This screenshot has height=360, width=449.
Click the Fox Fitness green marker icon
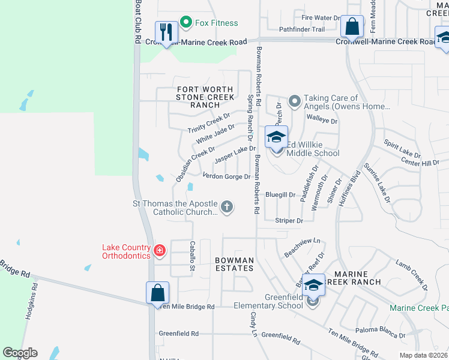pyautogui.click(x=185, y=23)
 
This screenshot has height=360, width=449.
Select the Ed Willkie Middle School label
pyautogui.click(x=312, y=149)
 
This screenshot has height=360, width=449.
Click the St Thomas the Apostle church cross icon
pyautogui.click(x=226, y=207)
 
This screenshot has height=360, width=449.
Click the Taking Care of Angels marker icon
pyautogui.click(x=294, y=102)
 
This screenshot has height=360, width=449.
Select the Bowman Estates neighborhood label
pyautogui.click(x=235, y=264)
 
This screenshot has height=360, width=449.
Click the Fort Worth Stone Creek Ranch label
pyautogui.click(x=205, y=97)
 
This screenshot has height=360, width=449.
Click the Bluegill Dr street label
pyautogui.click(x=280, y=195)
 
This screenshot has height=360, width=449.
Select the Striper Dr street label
pyautogui.click(x=289, y=221)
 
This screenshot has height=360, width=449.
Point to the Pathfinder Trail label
pyautogui.click(x=301, y=29)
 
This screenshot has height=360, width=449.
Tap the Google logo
pyautogui.click(x=20, y=353)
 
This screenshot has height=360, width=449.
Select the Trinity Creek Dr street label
pyautogui.click(x=208, y=122)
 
